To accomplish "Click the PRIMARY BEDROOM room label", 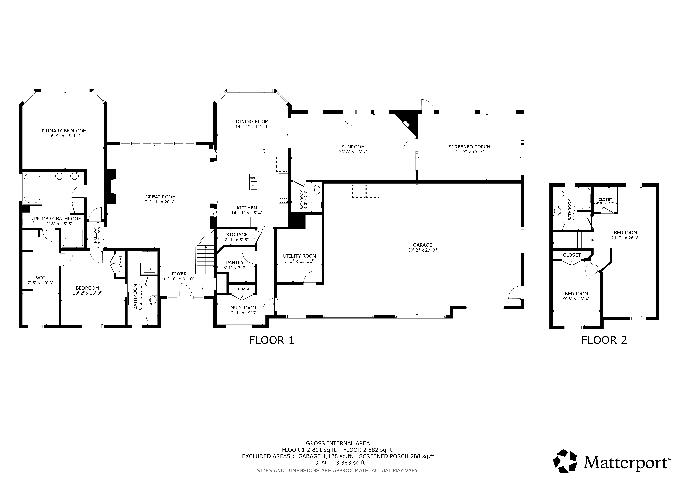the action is pyautogui.click(x=64, y=131).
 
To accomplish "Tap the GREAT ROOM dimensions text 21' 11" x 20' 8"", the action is pyautogui.click(x=161, y=202).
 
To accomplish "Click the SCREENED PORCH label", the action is pyautogui.click(x=469, y=147).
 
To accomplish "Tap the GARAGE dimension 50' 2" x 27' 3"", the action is pyautogui.click(x=423, y=250).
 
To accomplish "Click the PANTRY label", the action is pyautogui.click(x=235, y=262).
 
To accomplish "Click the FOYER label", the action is pyautogui.click(x=179, y=274).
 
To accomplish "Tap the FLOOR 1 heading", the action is pyautogui.click(x=272, y=340).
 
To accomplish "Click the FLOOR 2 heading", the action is pyautogui.click(x=604, y=340).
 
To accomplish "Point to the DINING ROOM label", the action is pyautogui.click(x=252, y=121).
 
